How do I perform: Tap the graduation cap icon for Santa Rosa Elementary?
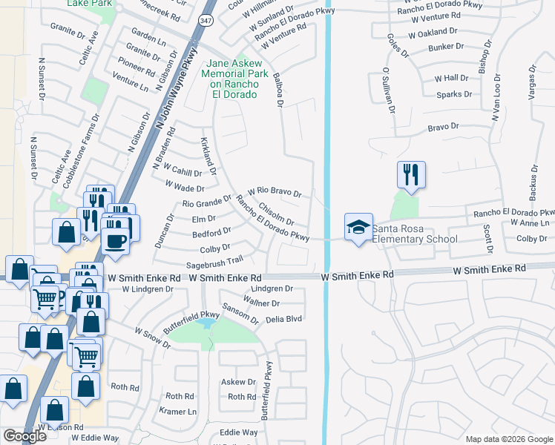(358, 227)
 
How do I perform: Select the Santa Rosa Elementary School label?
(415, 234)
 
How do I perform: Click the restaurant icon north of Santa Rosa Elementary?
(411, 175)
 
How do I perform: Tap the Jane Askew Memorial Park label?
(232, 79)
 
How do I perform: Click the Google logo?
(24, 436)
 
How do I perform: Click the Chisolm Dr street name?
(276, 214)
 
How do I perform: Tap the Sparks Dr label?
(454, 94)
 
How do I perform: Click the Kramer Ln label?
(181, 411)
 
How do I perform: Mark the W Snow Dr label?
(152, 334)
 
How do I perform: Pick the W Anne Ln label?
(536, 222)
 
